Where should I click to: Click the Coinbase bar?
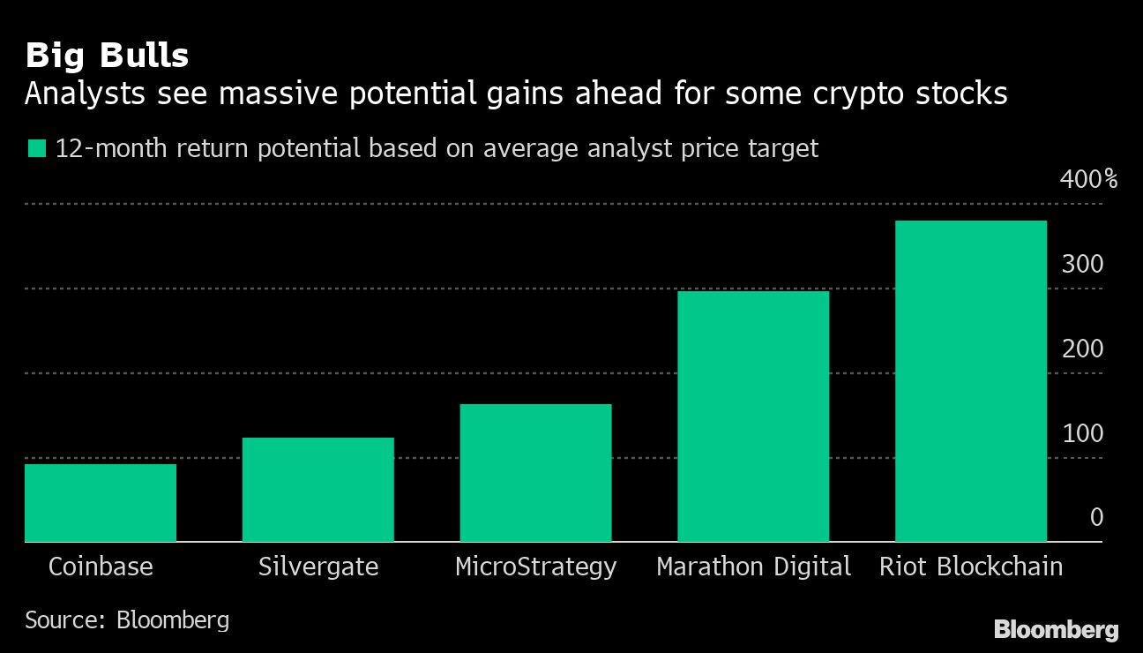[101, 502]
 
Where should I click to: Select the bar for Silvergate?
[317, 489]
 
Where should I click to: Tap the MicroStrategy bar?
[535, 472]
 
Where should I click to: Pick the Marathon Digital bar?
[753, 416]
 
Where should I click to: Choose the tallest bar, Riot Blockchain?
[970, 380]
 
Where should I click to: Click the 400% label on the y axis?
[1088, 180]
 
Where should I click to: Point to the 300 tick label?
[1082, 264]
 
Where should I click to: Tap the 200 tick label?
[1082, 349]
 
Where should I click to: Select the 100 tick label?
[1082, 433]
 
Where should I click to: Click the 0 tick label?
[1096, 517]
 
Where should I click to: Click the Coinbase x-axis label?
[101, 567]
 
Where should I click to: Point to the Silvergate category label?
[317, 567]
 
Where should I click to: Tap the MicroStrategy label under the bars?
[535, 567]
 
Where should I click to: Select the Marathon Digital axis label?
[753, 567]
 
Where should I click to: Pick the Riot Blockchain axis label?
[970, 567]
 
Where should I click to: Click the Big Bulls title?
[107, 56]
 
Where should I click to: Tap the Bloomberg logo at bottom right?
[1056, 630]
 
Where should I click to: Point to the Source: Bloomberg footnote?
[127, 619]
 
